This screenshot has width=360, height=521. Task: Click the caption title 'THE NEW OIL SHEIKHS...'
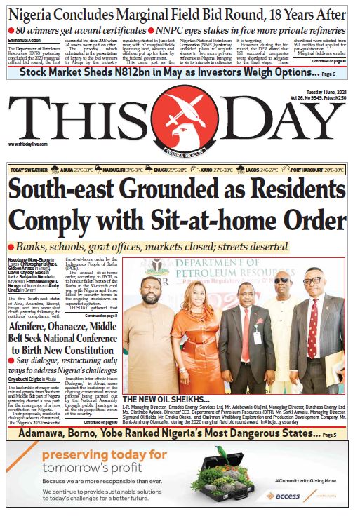pyautogui.click(x=156, y=399)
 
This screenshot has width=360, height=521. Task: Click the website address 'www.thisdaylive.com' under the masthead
pyautogui.click(x=26, y=144)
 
